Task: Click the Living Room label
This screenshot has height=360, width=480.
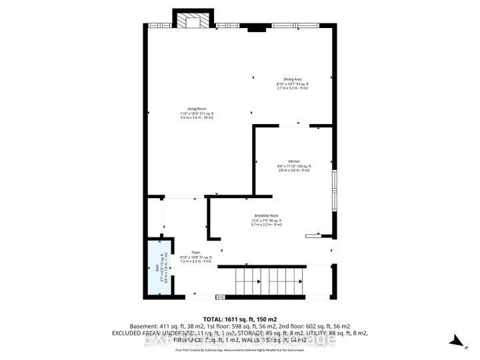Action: [197, 108]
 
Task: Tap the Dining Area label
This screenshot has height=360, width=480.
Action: [293, 79]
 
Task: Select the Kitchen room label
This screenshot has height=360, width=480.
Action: [294, 161]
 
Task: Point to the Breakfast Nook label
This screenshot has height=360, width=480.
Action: [266, 215]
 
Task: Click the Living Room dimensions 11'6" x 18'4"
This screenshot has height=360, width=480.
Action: [197, 113]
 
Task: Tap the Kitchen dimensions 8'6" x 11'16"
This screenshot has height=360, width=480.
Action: [294, 166]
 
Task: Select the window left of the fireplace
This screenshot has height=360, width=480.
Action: [160, 26]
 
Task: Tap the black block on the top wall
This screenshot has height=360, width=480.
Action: [255, 29]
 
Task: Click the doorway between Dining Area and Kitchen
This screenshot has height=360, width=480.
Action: [293, 125]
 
